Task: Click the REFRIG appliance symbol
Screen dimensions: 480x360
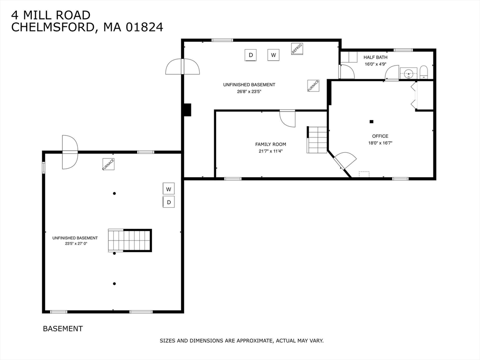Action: pos(297,49)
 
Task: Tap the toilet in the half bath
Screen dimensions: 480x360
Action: pos(424,72)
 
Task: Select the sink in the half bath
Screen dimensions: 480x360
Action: pos(408,74)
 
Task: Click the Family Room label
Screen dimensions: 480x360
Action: pos(270,144)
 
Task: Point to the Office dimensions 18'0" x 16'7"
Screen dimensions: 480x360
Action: pos(380,142)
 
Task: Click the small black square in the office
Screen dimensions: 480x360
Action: pos(371,121)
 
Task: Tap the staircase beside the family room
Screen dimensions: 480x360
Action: pos(317,140)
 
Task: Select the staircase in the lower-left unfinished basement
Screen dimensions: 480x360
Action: pos(130,240)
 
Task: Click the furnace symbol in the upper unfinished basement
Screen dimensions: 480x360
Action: pos(313,86)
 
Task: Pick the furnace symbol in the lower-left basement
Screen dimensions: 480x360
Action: pos(108,164)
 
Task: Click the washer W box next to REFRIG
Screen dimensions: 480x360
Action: pos(273,55)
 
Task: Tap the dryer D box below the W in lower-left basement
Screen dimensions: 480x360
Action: pos(169,202)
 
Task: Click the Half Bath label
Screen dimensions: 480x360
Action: pos(375,57)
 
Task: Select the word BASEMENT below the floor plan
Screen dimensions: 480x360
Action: pos(63,329)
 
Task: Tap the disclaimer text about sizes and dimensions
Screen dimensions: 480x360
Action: pos(241,340)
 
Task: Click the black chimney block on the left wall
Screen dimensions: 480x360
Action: pos(187,110)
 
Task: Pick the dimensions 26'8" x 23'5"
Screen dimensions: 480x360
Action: pos(249,91)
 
